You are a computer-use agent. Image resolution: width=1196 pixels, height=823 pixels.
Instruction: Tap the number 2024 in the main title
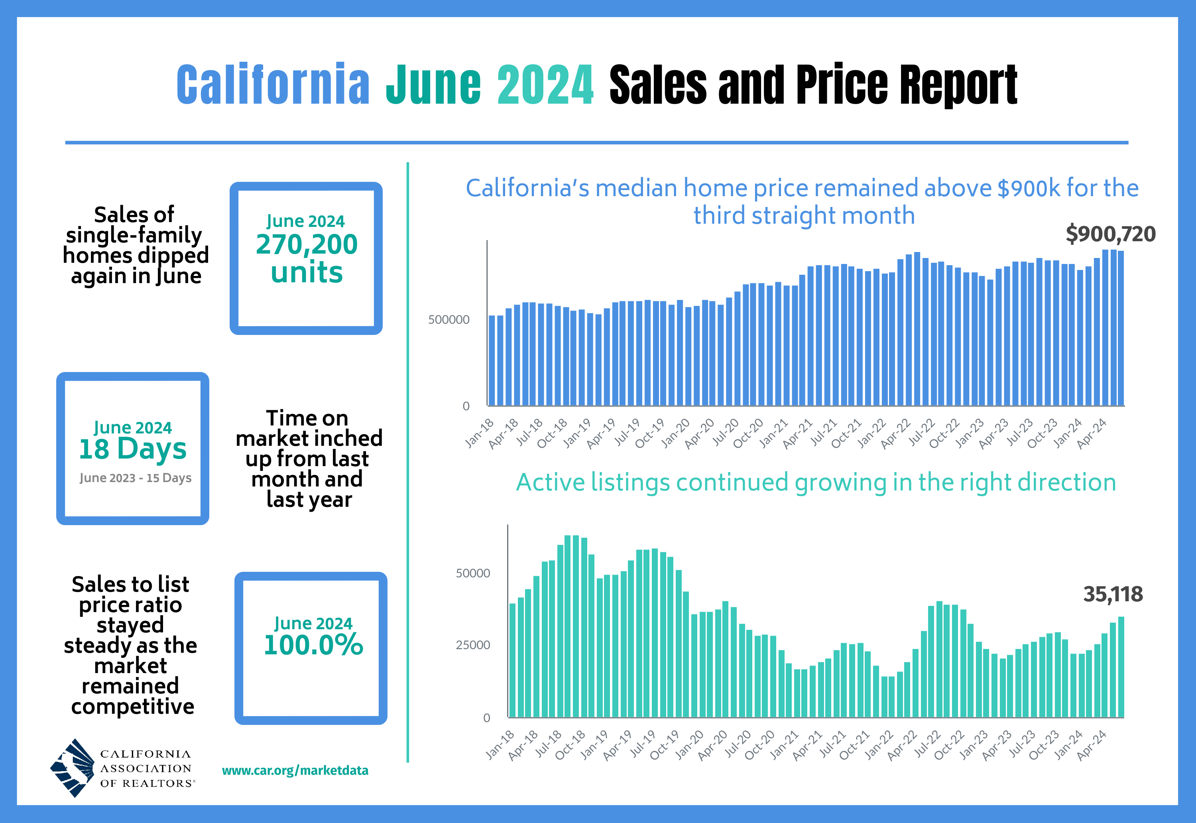pos(545,85)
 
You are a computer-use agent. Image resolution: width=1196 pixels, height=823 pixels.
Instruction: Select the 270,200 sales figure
pos(307,244)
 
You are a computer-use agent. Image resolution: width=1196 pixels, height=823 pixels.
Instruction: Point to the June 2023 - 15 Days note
pos(135,478)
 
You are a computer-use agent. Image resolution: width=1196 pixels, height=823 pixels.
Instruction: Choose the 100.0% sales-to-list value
pos(313,645)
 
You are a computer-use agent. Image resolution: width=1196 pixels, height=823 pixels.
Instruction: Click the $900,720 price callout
pos(1110,234)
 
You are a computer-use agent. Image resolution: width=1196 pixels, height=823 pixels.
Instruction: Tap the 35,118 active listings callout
pos(1113,594)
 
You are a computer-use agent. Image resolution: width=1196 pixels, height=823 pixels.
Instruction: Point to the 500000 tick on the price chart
pos(448,320)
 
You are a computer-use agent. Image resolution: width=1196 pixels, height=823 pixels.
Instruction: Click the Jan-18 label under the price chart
pos(480,433)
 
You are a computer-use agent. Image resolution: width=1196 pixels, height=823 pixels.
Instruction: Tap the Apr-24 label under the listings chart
pos(1092,745)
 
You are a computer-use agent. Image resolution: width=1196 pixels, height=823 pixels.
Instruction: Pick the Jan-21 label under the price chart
pos(774,433)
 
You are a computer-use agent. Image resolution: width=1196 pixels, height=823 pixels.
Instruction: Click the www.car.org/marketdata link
pos(295,770)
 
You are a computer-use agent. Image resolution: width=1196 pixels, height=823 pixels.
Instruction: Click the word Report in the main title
pos(958,85)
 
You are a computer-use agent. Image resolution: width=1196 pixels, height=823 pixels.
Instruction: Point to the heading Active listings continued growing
pos(816,482)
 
